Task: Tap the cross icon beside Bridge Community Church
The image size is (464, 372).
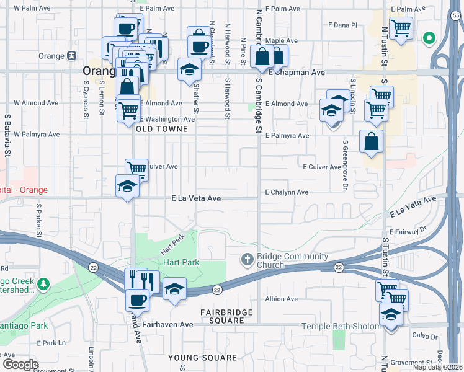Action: click(x=247, y=258)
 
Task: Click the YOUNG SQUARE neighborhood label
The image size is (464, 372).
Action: click(x=202, y=358)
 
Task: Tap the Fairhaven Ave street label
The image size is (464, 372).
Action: click(x=168, y=324)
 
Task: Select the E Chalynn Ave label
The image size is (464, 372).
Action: click(x=287, y=192)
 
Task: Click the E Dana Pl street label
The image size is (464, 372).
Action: click(x=346, y=25)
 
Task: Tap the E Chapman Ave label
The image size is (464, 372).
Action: click(x=297, y=73)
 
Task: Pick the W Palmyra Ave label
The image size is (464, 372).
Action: click(x=37, y=134)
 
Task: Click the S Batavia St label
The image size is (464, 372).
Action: click(x=8, y=134)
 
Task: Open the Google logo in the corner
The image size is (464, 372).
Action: click(x=20, y=364)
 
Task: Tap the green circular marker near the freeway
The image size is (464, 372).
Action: click(x=428, y=38)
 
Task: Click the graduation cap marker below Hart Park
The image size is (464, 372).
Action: click(x=175, y=289)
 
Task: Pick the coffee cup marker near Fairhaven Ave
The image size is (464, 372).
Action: click(x=137, y=300)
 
